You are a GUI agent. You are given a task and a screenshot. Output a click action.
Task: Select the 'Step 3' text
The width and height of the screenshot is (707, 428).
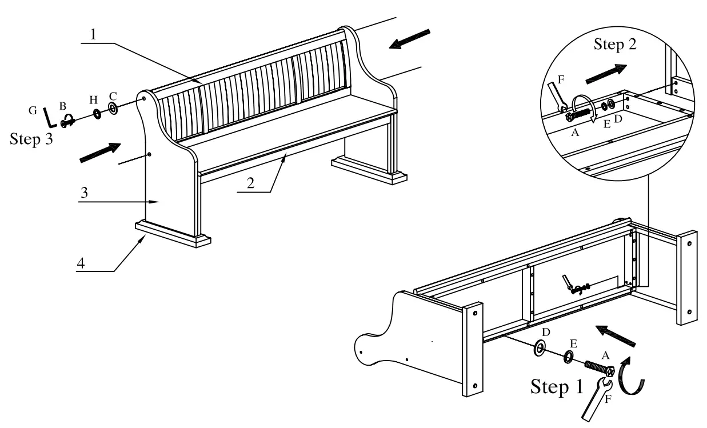(x=33, y=139)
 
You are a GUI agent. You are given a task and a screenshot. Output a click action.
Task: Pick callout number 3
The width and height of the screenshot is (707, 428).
(x=84, y=193)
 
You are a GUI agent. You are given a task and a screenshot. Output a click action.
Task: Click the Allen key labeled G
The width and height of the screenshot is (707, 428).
(x=50, y=118)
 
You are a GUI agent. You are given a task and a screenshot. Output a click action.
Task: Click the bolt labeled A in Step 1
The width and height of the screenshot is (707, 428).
(x=597, y=366)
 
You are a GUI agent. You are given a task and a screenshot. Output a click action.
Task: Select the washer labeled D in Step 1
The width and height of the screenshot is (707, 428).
(x=539, y=348)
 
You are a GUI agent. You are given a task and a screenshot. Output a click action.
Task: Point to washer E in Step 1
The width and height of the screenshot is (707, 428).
(x=569, y=357)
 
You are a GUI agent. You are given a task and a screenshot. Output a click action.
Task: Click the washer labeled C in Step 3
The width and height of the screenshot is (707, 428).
(x=113, y=108)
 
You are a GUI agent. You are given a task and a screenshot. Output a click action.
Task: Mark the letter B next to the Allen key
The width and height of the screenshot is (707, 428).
(x=63, y=106)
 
